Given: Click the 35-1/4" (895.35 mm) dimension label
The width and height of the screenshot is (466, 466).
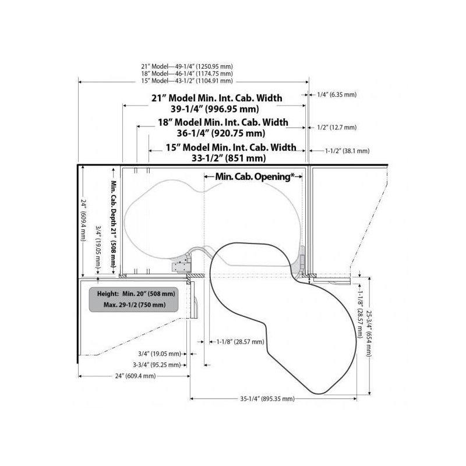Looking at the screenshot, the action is pos(267,398).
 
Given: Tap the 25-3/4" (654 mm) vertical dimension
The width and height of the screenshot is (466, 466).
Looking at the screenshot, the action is pos(369,334).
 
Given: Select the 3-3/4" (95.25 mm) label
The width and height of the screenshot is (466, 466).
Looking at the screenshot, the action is pos(157,365).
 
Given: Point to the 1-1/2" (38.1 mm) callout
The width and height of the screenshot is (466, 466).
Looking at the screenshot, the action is pos(347,151).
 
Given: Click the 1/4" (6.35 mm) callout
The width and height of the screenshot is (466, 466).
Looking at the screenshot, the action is pos(337,94).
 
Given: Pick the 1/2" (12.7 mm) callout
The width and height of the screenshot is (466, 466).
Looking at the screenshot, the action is pos(337,128).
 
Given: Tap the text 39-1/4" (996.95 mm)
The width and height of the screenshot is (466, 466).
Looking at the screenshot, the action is pos(214,109).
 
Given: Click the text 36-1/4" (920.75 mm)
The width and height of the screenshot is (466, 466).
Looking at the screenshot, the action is pos(221,133).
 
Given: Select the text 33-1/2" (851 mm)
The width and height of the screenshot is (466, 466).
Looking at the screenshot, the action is pos(228,158).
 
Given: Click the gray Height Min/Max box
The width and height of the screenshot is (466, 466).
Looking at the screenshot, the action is pos(134,299).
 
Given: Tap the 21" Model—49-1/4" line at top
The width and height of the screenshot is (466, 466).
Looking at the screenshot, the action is pos(187,66).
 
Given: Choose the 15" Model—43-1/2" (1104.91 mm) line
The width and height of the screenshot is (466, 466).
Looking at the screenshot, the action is pos(187,80).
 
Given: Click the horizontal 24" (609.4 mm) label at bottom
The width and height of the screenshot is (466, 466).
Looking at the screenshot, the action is pos(136,376).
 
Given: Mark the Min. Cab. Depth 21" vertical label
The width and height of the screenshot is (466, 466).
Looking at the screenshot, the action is pos(114,225).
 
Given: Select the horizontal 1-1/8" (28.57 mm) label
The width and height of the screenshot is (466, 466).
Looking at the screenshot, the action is pos(241,342).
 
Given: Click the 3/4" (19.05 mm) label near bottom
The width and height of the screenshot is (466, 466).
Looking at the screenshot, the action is pos(160,354).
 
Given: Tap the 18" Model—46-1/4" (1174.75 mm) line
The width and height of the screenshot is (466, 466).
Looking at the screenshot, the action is pos(187,73).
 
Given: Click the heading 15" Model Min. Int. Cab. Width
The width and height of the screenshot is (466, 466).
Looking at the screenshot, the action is pos(231,147).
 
